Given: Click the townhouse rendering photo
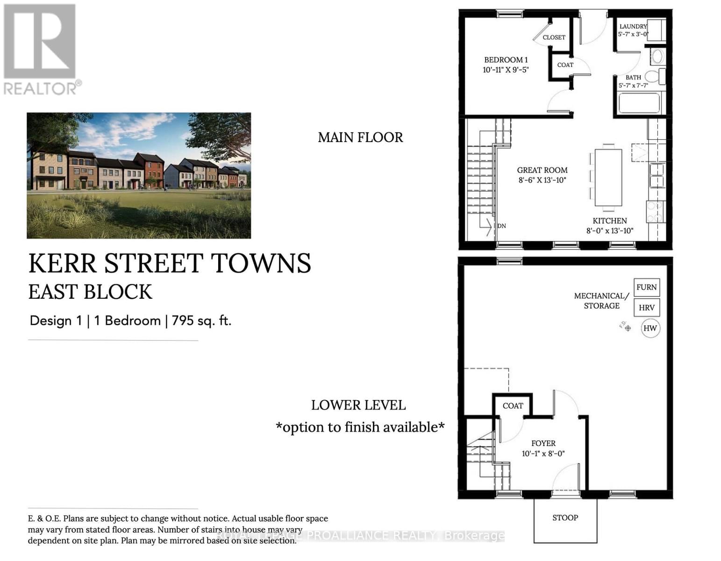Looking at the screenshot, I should tap(139, 175).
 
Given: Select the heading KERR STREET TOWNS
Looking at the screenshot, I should tap(170, 263).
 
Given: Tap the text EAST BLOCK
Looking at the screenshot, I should tap(90, 292).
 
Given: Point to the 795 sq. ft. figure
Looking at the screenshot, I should tap(201, 321).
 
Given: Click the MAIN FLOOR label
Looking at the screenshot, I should tap(360, 137).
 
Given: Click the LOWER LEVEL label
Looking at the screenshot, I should tap(358, 405).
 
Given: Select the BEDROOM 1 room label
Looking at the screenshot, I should tap(506, 60).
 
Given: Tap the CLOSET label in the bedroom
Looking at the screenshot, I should tap(554, 37).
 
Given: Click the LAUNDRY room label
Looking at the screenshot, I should tap(633, 27).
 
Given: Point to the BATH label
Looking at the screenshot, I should tap(633, 78).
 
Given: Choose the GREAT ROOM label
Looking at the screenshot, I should tap(542, 170).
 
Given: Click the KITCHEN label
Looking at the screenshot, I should tap(610, 221).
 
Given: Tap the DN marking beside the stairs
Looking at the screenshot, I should tap(501, 226).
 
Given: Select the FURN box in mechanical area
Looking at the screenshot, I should tap(647, 288).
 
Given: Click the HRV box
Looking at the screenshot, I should tap(647, 308).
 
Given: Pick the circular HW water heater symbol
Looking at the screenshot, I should tap(650, 328).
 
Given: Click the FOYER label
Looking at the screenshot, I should tap(543, 443).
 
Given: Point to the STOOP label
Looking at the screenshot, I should tap(565, 518).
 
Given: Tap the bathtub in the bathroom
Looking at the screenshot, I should tap(639, 103).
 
